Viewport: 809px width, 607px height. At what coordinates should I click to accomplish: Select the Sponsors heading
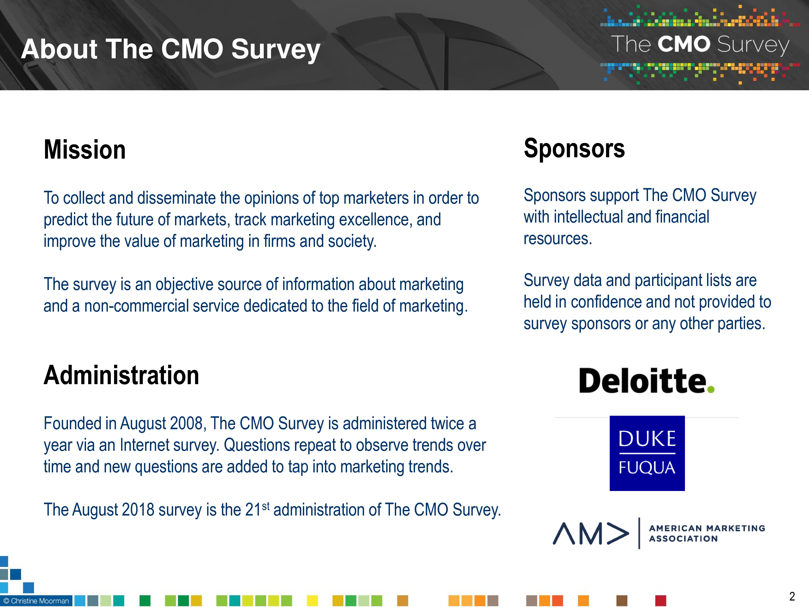[x=574, y=149]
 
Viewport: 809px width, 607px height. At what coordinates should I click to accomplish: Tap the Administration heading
[x=121, y=376]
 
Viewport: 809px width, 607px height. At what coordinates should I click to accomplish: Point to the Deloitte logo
[x=647, y=380]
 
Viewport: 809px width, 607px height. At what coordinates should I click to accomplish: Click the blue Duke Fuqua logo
[x=647, y=453]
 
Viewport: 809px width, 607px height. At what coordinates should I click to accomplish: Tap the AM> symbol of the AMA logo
[x=591, y=533]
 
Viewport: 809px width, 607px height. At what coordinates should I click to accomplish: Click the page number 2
[x=792, y=596]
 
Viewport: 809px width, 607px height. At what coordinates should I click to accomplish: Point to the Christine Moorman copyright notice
[x=36, y=601]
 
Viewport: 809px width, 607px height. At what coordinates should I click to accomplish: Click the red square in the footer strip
[x=660, y=601]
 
